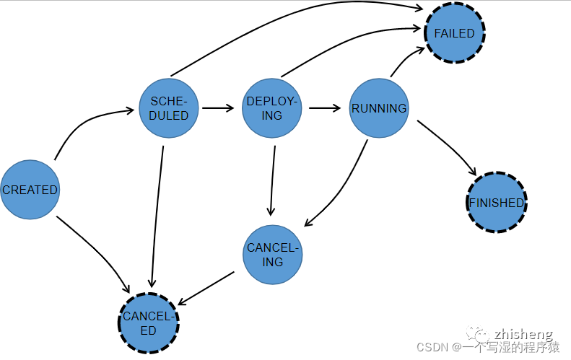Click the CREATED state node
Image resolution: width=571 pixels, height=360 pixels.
pos(30,190)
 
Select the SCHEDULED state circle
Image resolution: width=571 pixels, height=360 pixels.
pos(169,108)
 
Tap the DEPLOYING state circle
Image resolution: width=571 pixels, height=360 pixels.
pos(271,108)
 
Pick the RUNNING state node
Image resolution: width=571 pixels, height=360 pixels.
pos(379,108)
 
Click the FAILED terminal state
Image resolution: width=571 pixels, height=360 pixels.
pos(454,33)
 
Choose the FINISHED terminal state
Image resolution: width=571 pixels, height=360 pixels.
pos(497,203)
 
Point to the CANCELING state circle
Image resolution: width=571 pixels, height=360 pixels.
pos(272,255)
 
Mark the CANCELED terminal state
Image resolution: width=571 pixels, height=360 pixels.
pos(148,322)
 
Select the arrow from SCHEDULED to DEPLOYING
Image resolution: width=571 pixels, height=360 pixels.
pos(218,108)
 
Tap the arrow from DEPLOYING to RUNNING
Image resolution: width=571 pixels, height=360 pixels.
pos(325,108)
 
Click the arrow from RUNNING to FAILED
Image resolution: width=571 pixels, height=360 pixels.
pos(404,60)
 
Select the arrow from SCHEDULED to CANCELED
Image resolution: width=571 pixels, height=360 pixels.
pos(154,216)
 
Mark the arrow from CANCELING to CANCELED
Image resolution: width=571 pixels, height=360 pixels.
pos(206,287)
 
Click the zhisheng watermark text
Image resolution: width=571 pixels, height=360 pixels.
pos(523,334)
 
